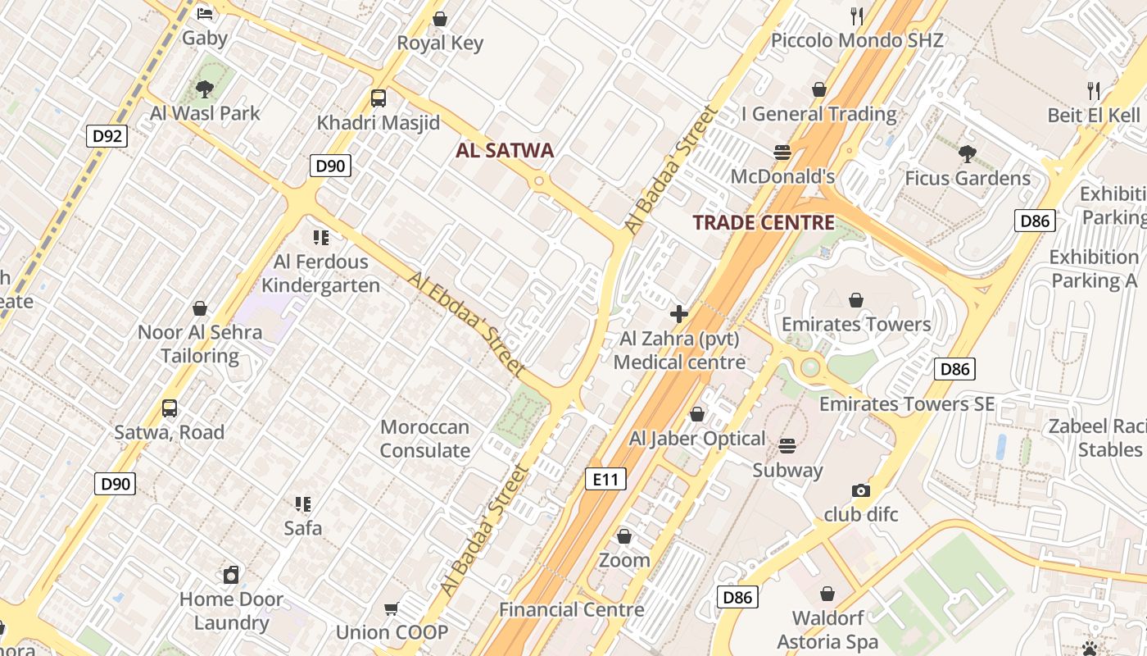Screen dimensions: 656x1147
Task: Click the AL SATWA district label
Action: click(505, 150)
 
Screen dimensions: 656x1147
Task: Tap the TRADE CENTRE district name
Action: click(764, 222)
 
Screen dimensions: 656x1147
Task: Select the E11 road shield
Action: click(605, 479)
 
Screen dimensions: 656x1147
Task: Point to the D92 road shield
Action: click(107, 135)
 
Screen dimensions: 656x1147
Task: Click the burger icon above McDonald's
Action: click(782, 152)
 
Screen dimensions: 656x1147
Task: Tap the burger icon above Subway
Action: click(787, 446)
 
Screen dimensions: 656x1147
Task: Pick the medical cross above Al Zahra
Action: click(678, 313)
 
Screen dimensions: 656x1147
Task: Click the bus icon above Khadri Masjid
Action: click(378, 98)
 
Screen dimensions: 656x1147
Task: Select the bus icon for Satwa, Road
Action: click(169, 408)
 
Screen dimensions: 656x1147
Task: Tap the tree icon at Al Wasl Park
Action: click(205, 89)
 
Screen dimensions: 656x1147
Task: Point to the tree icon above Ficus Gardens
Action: click(967, 153)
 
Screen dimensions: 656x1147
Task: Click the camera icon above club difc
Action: click(860, 490)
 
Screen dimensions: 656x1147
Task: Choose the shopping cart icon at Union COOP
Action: click(392, 608)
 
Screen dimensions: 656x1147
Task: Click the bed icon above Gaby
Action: click(205, 13)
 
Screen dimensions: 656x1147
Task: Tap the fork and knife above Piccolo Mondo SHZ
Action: click(857, 16)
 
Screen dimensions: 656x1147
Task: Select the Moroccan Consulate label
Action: click(424, 439)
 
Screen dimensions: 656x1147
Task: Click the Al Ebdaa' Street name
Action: click(466, 325)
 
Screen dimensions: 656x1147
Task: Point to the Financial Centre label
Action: click(571, 609)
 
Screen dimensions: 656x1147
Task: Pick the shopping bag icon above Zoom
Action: click(624, 536)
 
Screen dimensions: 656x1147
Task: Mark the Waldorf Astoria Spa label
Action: click(827, 630)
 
